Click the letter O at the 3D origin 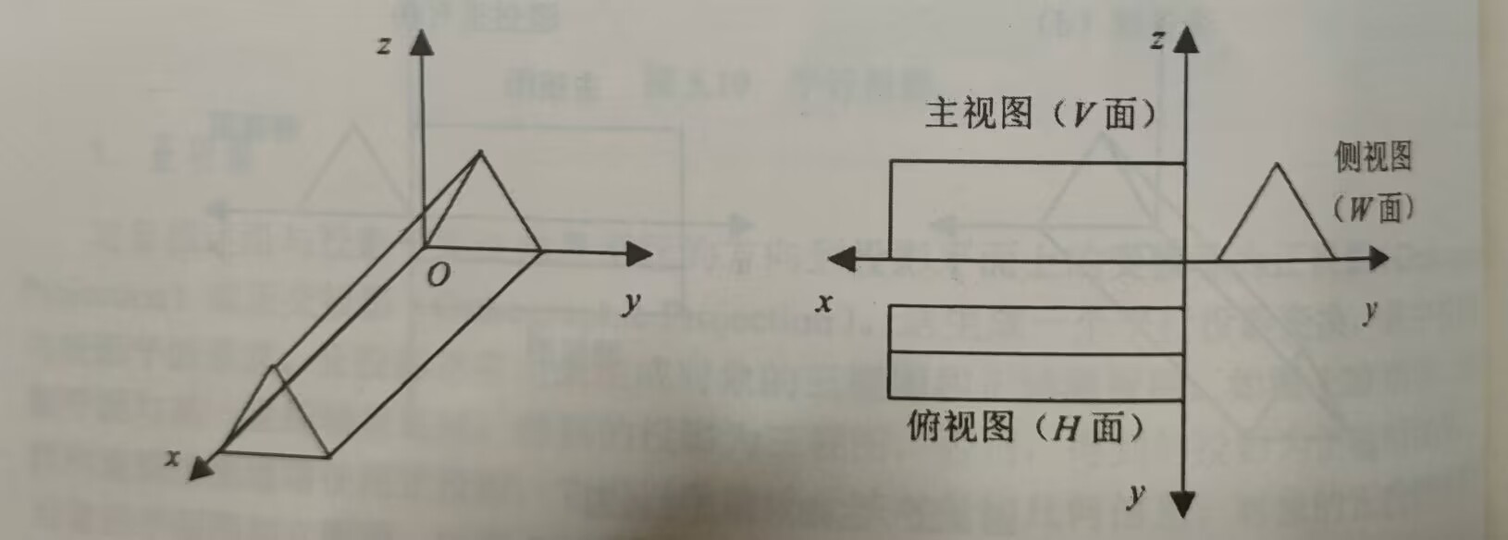439,276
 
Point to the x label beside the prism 172,457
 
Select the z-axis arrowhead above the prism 422,42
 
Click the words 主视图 978,114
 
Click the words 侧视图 1373,157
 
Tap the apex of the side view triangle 1278,166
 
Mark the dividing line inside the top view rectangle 1036,351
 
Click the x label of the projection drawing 824,302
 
